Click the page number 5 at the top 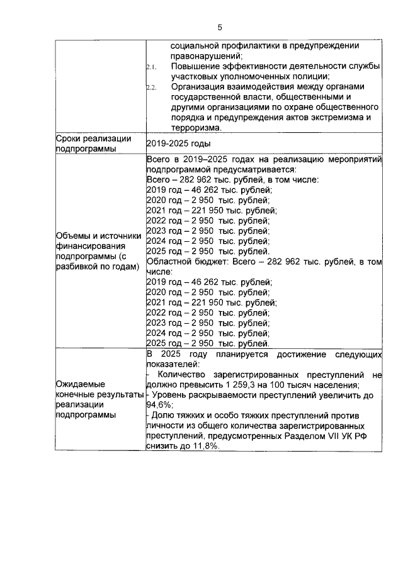point(219,27)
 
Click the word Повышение point(196,66)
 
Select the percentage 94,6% point(159,405)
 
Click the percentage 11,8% point(205,445)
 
